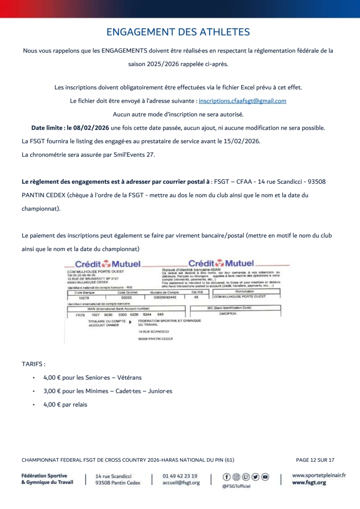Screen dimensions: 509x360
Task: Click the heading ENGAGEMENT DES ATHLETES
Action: pos(178,32)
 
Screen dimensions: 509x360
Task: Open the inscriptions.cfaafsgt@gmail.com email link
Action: pos(242,101)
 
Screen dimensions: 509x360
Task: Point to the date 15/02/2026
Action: pos(245,141)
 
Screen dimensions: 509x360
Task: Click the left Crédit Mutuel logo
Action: pos(108,264)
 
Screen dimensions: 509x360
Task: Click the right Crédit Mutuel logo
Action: pos(221,263)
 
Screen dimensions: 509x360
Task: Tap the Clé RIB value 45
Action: pos(196,297)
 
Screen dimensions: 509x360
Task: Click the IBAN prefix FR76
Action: pos(80,315)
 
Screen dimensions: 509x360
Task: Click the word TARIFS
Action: pos(33,364)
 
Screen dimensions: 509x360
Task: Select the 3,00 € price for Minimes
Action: pos(53,391)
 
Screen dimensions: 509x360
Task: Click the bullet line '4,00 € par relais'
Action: pos(65,405)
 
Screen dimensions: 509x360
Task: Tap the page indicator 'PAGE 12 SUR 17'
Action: pos(315,460)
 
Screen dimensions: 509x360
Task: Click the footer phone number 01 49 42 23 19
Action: pos(180,476)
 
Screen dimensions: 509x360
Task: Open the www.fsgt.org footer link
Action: pos(309,483)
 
